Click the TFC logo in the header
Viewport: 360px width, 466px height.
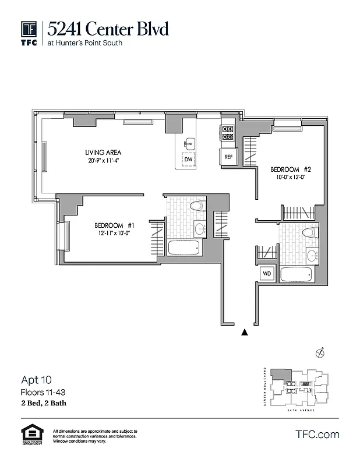click(x=29, y=33)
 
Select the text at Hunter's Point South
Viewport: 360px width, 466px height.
click(x=85, y=43)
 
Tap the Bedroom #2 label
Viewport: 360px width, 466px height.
click(x=291, y=170)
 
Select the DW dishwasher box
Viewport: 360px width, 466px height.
click(x=188, y=159)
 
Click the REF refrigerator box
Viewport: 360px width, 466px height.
click(x=228, y=157)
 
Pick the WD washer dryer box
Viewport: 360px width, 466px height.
click(x=267, y=273)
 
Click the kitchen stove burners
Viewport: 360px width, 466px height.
click(x=227, y=133)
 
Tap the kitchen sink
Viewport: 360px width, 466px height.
click(x=189, y=143)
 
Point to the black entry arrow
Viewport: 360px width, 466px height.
click(x=245, y=333)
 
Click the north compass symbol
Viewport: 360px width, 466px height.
click(x=319, y=352)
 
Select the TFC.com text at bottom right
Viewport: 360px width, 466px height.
click(x=317, y=434)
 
